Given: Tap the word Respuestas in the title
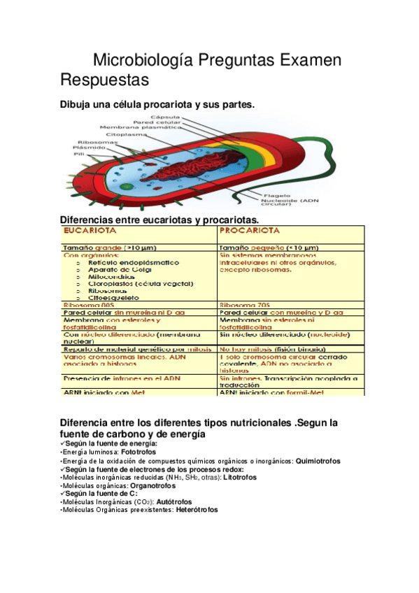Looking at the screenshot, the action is tap(104, 80).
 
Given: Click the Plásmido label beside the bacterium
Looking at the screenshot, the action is tap(87, 148).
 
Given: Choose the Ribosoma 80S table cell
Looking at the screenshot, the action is tap(87, 305).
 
